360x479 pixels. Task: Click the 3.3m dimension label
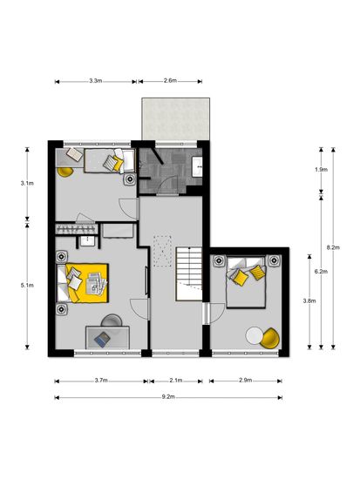95,81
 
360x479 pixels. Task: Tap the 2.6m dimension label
170,81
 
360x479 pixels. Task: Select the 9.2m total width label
168,397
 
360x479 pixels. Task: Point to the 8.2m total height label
333,247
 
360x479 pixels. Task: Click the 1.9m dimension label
321,169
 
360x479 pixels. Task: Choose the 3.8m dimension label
309,300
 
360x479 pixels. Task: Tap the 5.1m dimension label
27,285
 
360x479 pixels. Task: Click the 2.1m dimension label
176,381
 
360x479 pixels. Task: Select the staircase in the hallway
189,273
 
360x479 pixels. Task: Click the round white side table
255,335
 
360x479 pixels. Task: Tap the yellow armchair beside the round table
269,338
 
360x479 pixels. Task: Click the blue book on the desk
102,339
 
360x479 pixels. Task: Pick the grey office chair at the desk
112,320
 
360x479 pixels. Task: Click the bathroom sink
197,166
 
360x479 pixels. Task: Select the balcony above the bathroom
175,119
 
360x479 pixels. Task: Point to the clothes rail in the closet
76,229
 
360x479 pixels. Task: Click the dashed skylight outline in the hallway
162,252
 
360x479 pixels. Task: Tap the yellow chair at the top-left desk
65,172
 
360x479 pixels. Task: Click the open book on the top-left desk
75,153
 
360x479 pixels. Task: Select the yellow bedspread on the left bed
88,283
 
